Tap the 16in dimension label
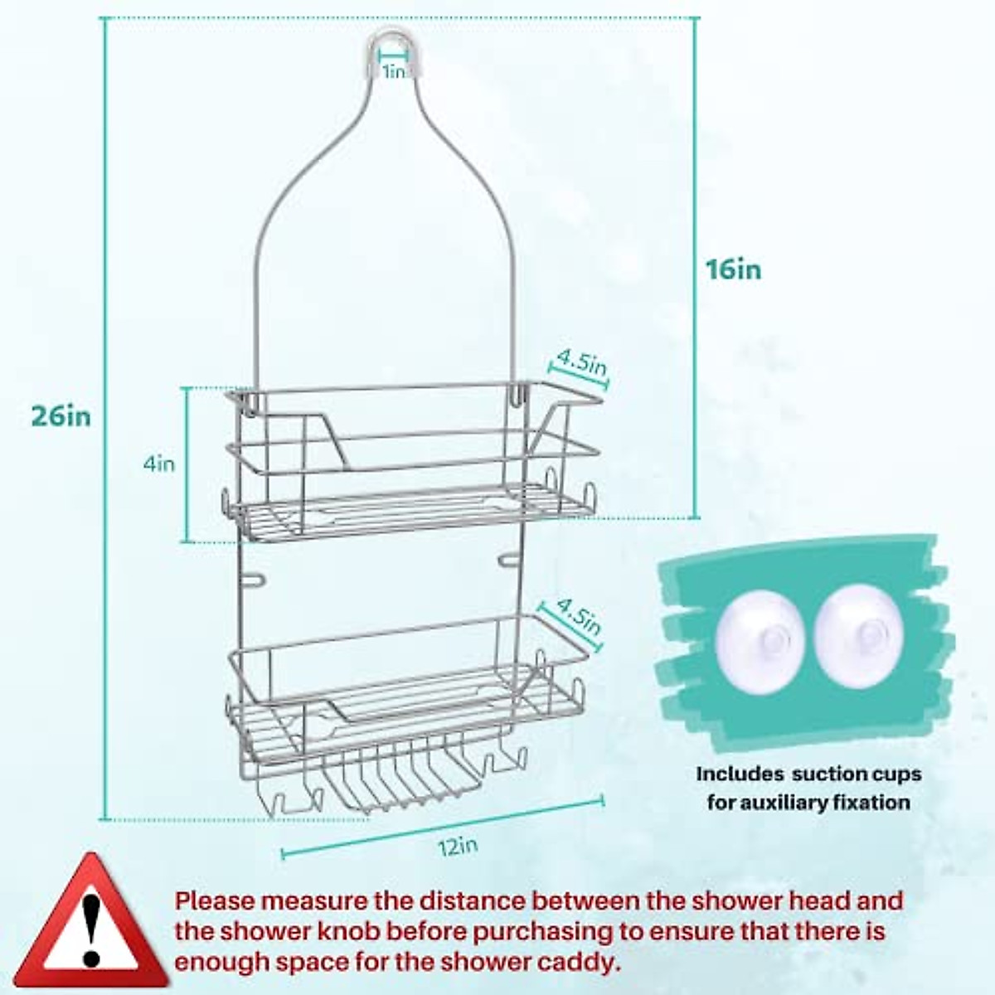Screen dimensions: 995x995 point(734,269)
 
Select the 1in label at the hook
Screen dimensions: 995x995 point(394,72)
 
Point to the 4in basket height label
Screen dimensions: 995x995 point(159,464)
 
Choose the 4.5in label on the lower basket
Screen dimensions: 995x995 point(578,617)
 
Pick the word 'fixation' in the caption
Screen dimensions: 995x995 point(879,802)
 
